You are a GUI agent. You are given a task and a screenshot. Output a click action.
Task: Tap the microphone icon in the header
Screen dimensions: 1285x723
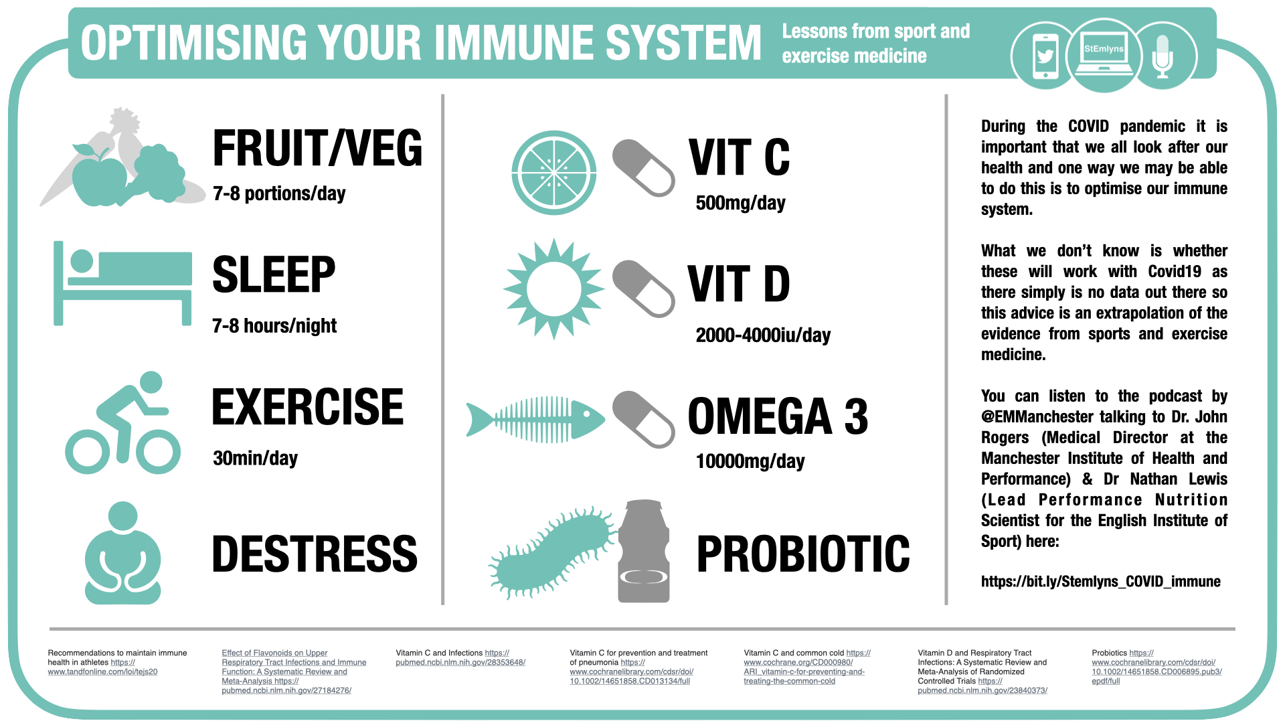tap(1163, 56)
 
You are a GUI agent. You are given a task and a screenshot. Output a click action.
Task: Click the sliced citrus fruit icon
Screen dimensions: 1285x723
tap(554, 173)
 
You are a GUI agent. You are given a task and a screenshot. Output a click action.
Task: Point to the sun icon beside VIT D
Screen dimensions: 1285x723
tap(553, 289)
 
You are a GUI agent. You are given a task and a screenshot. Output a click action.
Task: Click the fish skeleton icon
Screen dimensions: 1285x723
tap(535, 420)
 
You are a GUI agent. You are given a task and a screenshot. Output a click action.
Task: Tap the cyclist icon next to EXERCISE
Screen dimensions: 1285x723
tap(123, 423)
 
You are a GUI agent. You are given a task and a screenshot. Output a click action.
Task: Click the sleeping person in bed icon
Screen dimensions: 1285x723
tap(123, 283)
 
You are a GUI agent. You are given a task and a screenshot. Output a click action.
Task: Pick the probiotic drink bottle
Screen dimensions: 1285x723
tap(644, 551)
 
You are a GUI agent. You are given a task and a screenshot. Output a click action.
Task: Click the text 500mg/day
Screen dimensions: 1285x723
tap(740, 203)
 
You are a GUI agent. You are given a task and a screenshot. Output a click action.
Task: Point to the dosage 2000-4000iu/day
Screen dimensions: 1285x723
tap(763, 335)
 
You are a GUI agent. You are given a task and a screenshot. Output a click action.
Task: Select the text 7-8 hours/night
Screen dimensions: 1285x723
tap(274, 326)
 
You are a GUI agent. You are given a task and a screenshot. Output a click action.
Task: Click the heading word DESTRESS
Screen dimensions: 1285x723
tap(315, 554)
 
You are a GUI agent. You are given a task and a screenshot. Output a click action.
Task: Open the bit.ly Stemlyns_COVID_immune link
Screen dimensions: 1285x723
tap(1101, 582)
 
